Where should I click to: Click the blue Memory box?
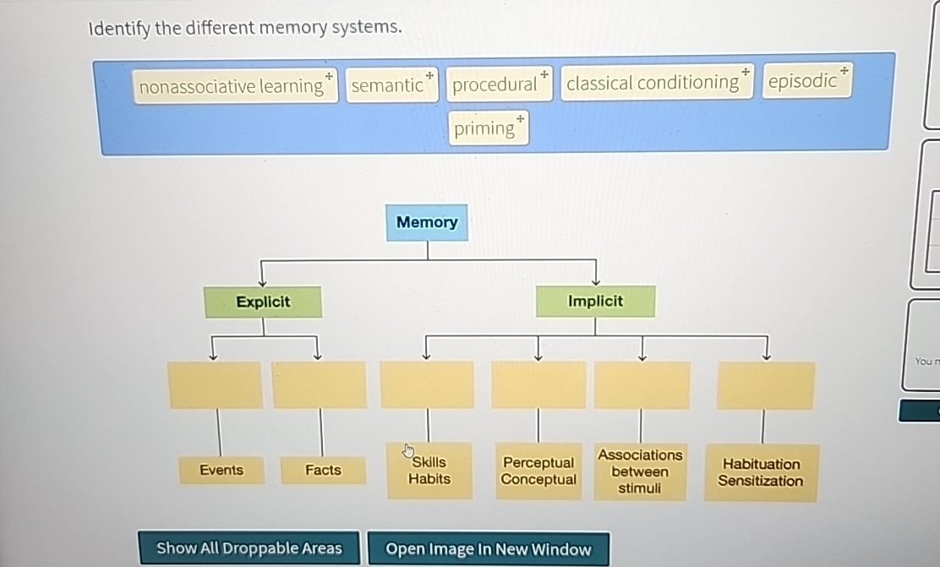[x=427, y=222]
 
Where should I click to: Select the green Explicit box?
[x=263, y=302]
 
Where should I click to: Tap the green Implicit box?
[x=595, y=301]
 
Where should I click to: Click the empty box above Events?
[x=216, y=385]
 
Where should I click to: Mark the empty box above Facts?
[x=320, y=385]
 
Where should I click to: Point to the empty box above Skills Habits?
[x=427, y=385]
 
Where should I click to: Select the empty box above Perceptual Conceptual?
[x=538, y=385]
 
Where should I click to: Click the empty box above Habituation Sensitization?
[x=765, y=386]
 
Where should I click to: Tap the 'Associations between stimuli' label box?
[x=640, y=472]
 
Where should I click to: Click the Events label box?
[x=221, y=470]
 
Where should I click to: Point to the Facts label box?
[x=323, y=470]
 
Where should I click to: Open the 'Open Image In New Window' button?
[x=488, y=548]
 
